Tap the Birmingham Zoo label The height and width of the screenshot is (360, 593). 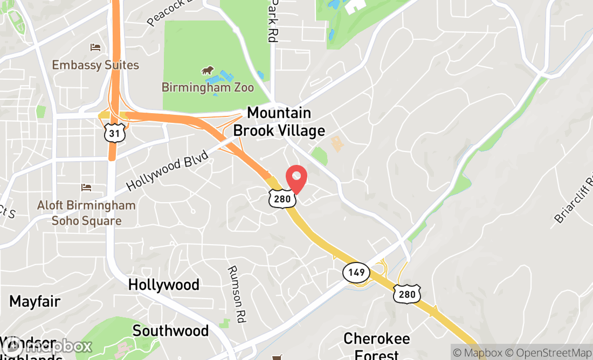click(208, 87)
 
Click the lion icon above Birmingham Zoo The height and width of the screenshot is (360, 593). click(208, 71)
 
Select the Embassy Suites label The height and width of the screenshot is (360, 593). click(95, 65)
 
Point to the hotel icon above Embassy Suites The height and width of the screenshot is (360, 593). click(95, 48)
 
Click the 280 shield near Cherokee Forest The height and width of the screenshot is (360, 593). click(407, 294)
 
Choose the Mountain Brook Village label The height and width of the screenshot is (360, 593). click(279, 122)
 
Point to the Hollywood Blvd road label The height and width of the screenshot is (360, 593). click(167, 170)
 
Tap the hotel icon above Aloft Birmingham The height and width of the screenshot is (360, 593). click(86, 188)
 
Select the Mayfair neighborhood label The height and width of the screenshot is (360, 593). click(35, 301)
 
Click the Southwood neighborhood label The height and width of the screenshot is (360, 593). click(170, 330)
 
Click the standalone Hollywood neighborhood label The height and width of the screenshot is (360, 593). click(164, 285)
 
